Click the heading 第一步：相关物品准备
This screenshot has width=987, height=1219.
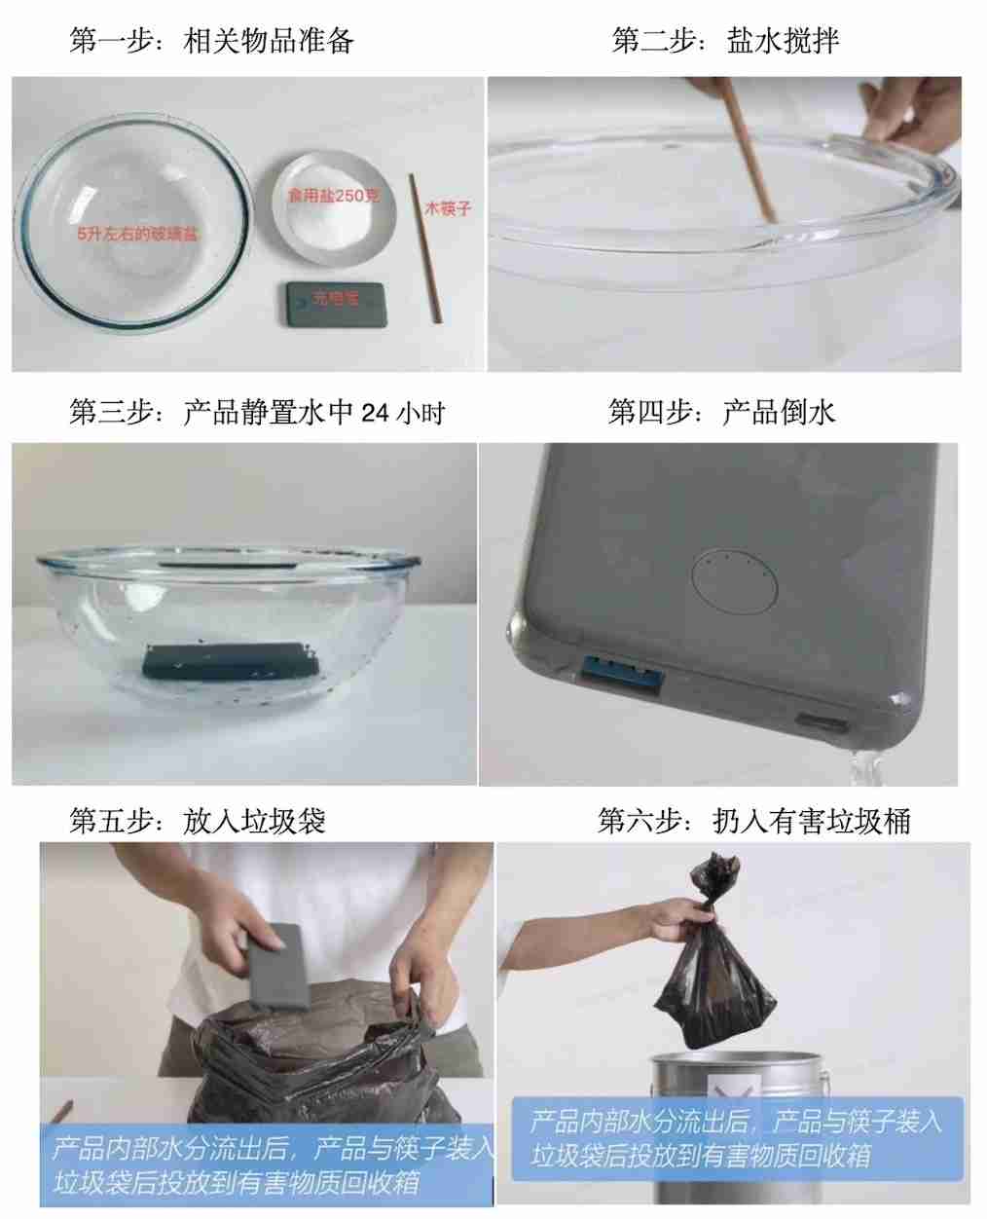211,40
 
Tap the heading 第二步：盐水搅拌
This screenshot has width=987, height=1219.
724,40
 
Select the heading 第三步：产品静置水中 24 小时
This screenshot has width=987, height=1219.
257,413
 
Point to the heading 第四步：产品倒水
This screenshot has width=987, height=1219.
720,413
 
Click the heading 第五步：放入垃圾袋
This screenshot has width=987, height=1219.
197,821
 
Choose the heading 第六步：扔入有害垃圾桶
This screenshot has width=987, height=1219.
753,821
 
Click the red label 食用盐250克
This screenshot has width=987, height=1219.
333,196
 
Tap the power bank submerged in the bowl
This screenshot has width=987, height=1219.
231,661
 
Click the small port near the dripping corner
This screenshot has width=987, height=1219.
821,723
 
